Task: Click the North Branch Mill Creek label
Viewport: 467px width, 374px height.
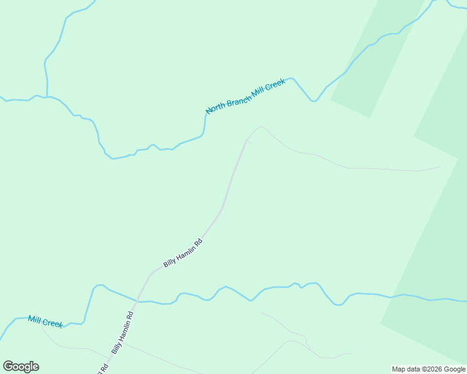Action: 245,97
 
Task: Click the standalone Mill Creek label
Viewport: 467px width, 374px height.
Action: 45,322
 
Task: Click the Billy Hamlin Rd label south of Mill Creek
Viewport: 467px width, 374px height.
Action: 123,332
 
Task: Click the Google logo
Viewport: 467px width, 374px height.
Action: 21,367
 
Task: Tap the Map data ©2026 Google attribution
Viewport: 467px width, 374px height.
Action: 428,369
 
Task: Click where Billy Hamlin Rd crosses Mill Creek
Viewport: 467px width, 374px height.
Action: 137,301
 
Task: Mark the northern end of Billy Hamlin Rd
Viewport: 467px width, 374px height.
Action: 246,140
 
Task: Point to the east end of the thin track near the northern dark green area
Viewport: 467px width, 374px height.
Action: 440,166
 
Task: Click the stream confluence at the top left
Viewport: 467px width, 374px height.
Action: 47,97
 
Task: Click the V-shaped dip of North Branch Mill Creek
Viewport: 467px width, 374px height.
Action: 313,100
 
